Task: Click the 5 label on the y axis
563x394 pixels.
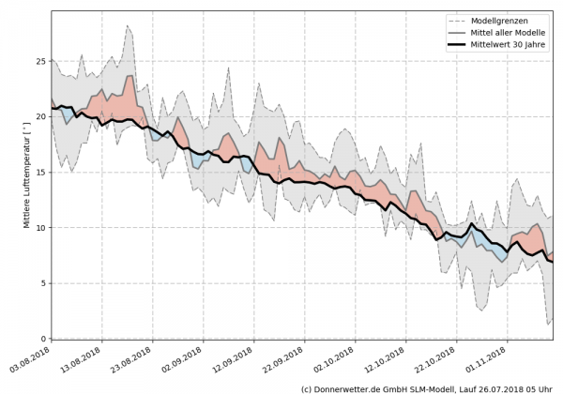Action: coord(40,283)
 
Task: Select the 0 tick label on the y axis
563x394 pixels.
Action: coord(40,339)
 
